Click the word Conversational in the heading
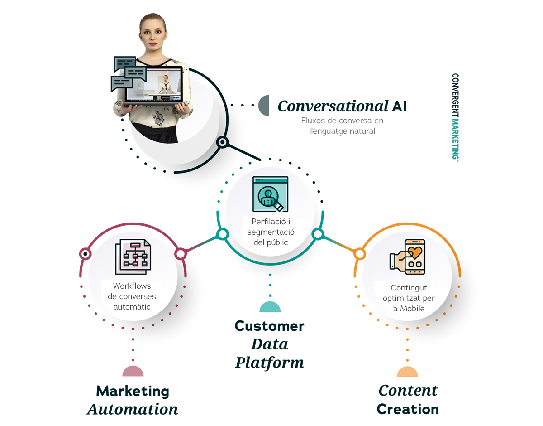333,106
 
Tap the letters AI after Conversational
399,106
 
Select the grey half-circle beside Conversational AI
264,105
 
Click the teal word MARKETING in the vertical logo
455,139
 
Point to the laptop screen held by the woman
153,85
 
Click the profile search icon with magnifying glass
270,194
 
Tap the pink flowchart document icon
133,257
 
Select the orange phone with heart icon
408,257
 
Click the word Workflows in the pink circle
132,286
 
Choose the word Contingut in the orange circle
409,288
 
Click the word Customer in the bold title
269,326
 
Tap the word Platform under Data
270,363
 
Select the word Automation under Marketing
133,409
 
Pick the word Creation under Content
408,409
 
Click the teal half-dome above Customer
270,307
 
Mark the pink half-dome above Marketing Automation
133,371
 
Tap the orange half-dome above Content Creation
407,372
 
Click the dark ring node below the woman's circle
222,142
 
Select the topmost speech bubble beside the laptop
125,63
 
